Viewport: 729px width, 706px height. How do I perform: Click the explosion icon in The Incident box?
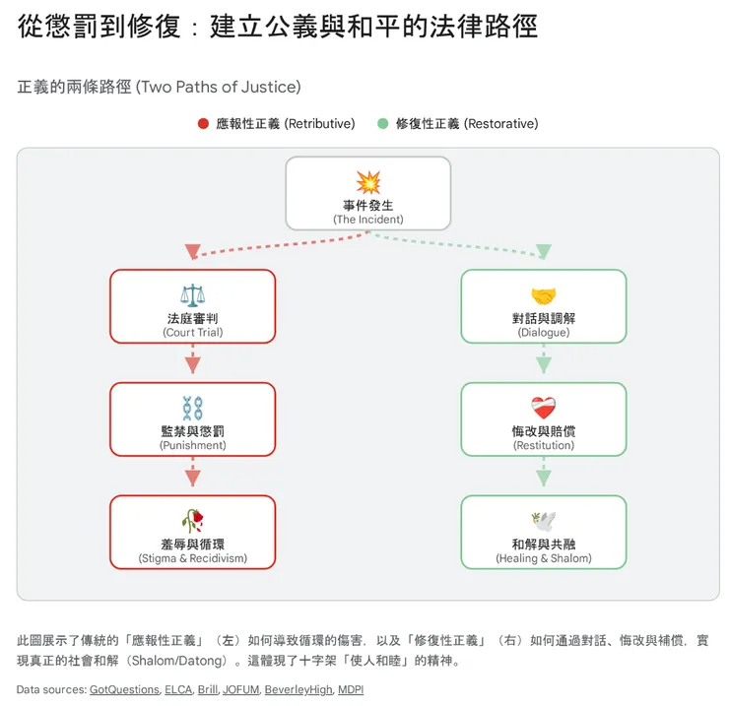pos(367,182)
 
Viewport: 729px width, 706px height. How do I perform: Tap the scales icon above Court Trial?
pos(192,295)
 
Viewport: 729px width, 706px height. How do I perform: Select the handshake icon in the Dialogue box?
pos(543,295)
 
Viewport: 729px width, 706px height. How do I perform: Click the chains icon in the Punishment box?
pos(192,408)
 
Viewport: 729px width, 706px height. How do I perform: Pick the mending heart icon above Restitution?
pos(543,408)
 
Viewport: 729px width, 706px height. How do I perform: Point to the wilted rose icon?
pos(192,521)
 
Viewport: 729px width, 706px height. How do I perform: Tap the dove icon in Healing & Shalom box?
pos(543,521)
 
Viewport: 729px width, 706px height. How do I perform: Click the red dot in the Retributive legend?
pos(203,124)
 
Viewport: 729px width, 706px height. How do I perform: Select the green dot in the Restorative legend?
pos(382,124)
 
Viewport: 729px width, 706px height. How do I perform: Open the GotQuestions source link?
pos(124,689)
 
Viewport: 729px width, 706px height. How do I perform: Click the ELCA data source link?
pos(178,689)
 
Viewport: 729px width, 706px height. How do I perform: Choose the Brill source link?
pos(208,689)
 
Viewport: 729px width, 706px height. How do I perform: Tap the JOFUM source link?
pos(240,689)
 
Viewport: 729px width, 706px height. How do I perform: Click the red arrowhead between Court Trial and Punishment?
pos(192,365)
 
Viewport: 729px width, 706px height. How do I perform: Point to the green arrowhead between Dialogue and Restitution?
pos(543,365)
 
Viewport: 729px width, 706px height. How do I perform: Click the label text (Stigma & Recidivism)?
pos(192,558)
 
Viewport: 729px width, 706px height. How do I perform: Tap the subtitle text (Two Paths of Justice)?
pos(219,87)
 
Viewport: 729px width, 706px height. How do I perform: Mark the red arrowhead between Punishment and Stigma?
pos(192,478)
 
